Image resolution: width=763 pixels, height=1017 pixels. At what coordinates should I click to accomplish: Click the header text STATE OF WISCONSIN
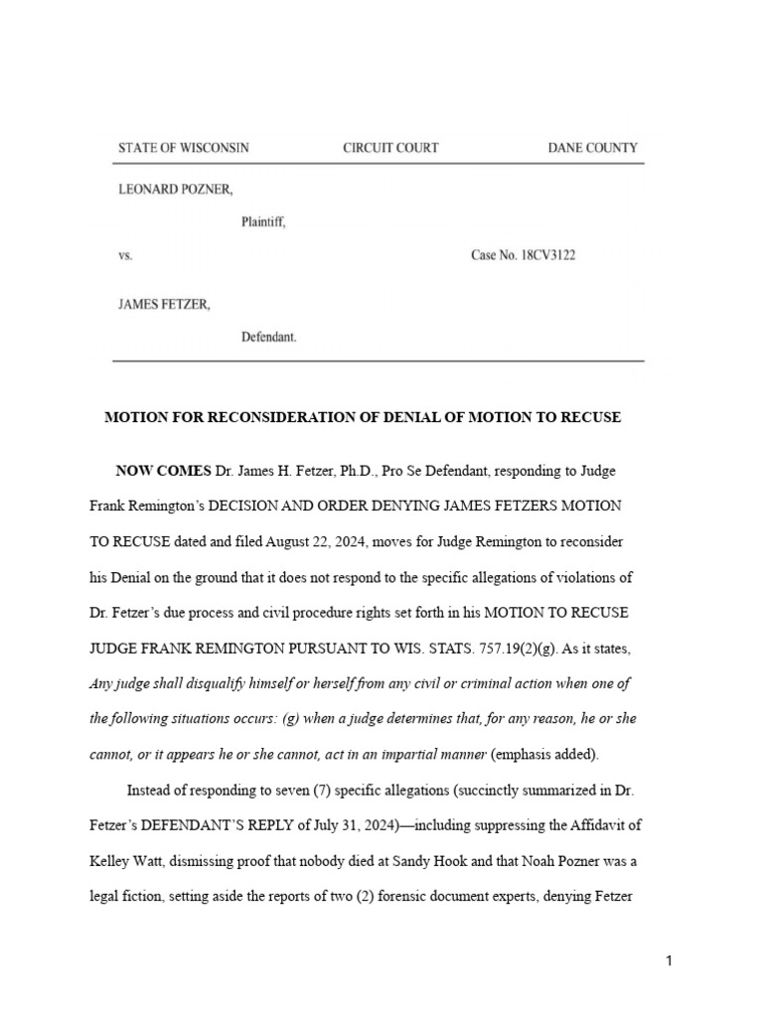tap(184, 148)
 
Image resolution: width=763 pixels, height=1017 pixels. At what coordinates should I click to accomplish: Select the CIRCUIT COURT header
tap(390, 148)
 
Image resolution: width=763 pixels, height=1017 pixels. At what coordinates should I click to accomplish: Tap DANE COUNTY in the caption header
tap(592, 148)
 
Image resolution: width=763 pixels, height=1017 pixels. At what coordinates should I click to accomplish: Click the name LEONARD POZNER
tap(177, 189)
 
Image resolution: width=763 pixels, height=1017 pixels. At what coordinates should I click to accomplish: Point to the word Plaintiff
tap(263, 222)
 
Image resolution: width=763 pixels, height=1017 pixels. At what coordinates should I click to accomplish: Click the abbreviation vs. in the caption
tap(125, 255)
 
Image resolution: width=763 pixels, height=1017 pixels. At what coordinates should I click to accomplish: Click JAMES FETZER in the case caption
tap(165, 305)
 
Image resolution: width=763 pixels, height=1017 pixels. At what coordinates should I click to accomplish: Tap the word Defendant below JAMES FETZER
tap(268, 338)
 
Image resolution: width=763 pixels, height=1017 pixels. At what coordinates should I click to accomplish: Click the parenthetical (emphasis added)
tap(545, 755)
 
